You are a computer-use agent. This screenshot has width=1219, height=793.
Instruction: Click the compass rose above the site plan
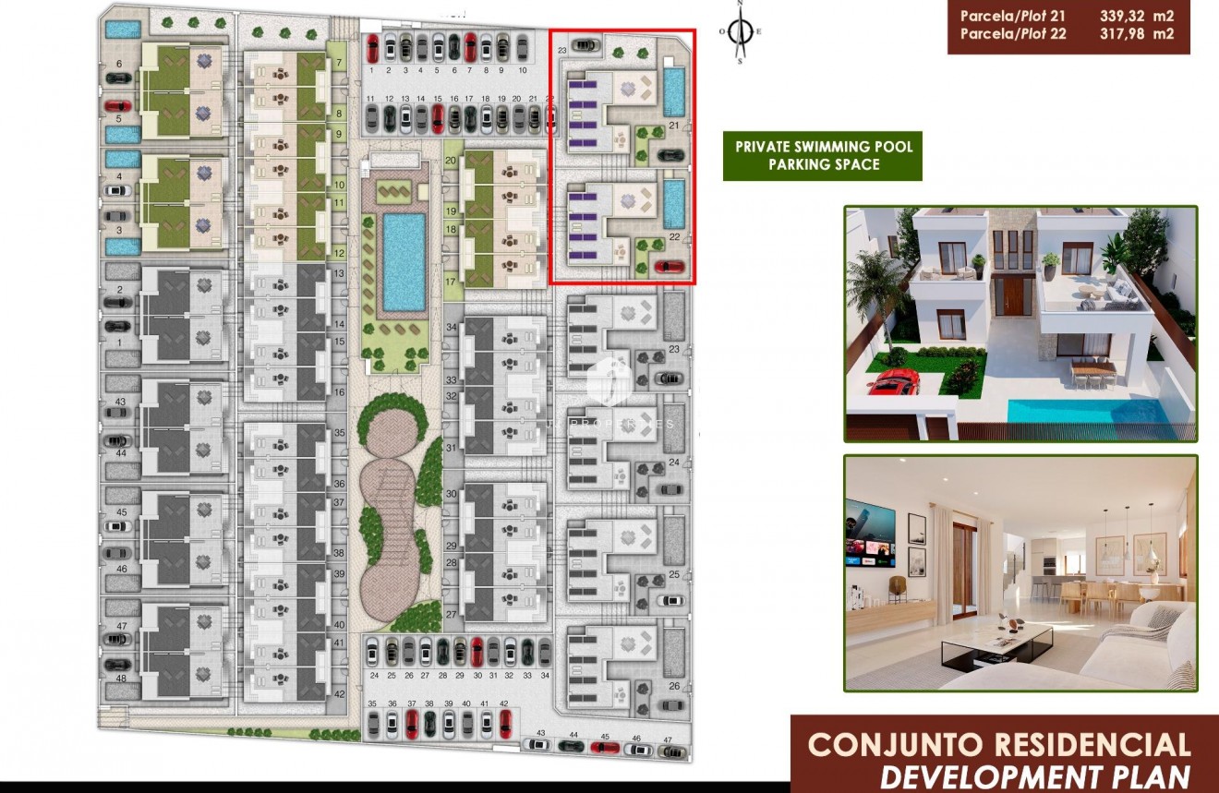[x=740, y=31]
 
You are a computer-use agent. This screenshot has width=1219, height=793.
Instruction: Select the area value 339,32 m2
[x=1137, y=15]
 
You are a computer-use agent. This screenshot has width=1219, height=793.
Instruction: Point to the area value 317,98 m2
[x=1137, y=34]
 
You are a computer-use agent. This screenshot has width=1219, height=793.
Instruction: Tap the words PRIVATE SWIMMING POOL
[x=823, y=147]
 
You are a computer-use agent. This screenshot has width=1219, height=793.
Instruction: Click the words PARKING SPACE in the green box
[x=823, y=164]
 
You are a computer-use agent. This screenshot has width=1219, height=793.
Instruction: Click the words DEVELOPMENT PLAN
[x=1034, y=775]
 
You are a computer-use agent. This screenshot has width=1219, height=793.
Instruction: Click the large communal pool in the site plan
[x=404, y=261]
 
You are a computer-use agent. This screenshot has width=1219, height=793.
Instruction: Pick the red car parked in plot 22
[x=670, y=267]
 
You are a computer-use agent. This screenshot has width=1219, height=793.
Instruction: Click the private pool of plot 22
[x=674, y=201]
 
